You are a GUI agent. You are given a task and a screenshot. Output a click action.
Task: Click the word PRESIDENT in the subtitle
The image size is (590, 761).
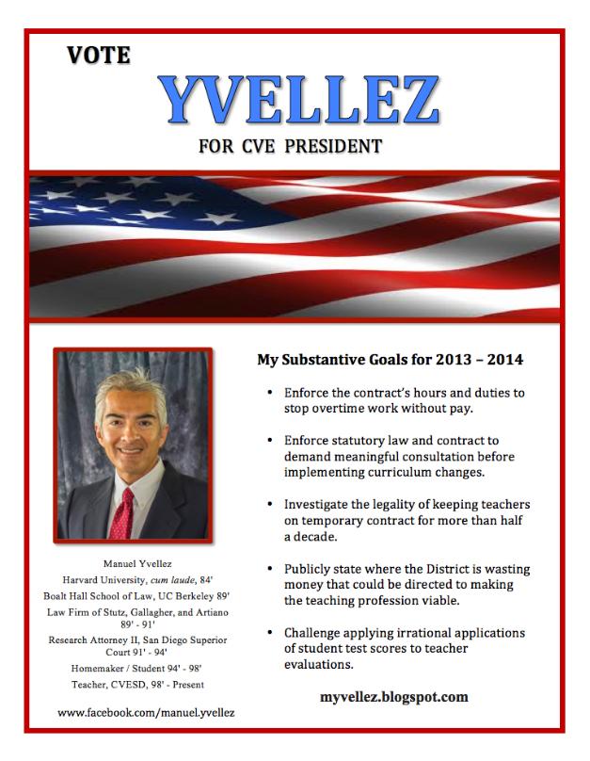click(334, 147)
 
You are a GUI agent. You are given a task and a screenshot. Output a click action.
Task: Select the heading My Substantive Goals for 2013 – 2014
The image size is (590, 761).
click(390, 360)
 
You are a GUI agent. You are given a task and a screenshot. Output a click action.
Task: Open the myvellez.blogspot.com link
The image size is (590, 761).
click(394, 698)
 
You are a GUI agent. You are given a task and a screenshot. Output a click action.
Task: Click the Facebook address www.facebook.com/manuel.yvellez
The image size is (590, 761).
click(146, 713)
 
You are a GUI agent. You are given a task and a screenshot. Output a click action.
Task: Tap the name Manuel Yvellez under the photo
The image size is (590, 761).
click(133, 561)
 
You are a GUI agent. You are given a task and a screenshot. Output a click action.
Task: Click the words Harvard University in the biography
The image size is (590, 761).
click(104, 578)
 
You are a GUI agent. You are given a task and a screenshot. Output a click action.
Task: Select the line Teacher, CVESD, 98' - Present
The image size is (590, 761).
click(133, 685)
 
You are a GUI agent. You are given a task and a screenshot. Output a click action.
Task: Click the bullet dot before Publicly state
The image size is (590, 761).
click(271, 568)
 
